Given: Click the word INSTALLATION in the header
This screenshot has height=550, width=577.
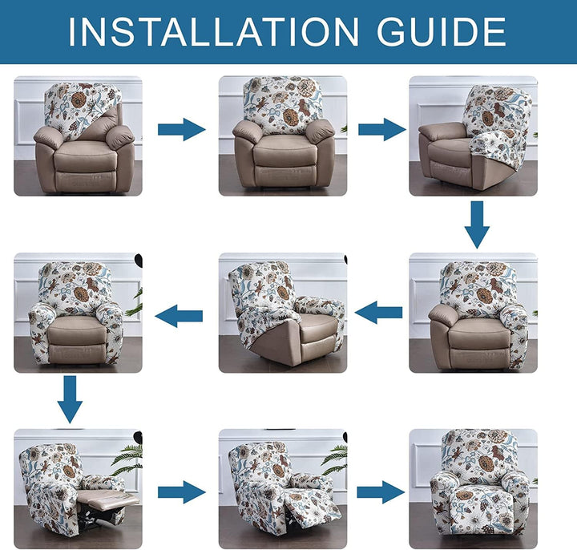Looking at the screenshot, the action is (x=213, y=31).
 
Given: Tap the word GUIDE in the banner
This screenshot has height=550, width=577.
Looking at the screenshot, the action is (x=442, y=31).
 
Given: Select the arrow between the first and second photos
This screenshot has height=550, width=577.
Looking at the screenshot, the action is (x=181, y=130).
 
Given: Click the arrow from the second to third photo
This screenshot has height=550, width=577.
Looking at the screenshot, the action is (x=382, y=130).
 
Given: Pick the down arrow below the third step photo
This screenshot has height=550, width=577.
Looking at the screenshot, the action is (x=477, y=224).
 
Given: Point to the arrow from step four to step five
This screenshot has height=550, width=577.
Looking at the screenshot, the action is (x=378, y=313).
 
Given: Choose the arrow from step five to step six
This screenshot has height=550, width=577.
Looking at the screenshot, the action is (x=179, y=316).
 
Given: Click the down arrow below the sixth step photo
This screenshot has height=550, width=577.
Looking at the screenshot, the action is (x=70, y=399).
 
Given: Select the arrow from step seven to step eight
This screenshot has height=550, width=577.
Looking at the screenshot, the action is (x=181, y=492).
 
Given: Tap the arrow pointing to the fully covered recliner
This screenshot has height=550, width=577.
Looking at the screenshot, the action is (x=381, y=492).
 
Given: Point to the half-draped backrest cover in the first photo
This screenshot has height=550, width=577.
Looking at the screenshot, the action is (x=79, y=107).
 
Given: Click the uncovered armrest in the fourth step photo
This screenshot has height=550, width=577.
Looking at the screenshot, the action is (x=443, y=315).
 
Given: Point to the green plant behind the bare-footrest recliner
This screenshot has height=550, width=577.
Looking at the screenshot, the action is (x=127, y=459).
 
